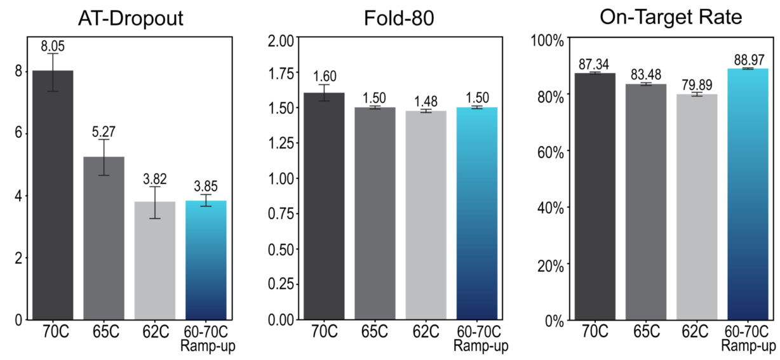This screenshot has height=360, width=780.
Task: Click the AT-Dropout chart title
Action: pos(132,18)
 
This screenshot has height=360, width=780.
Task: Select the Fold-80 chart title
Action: pos(399,18)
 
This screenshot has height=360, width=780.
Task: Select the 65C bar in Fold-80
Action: pos(375,213)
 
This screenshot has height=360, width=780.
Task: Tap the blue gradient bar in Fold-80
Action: pos(476,213)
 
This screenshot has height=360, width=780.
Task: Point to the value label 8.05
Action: pos(53,46)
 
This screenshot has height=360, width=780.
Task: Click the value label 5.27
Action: pos(104,131)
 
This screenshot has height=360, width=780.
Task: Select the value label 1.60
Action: pos(324,76)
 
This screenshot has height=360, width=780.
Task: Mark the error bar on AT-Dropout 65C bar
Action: pos(104,157)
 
